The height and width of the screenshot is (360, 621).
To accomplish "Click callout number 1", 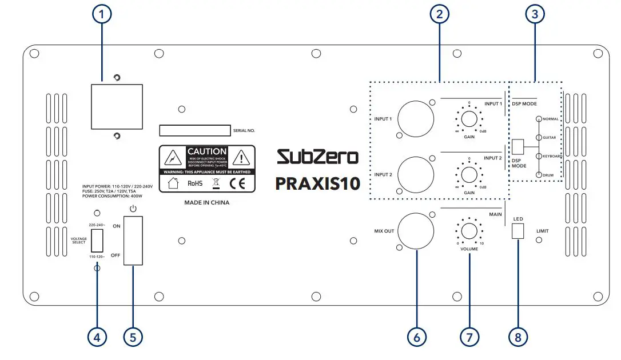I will coord(102,15).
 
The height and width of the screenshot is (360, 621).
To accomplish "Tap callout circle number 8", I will coord(517,337).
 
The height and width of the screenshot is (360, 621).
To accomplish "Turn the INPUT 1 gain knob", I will coord(469,119).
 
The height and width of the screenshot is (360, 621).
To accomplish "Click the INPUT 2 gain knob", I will coord(469,174).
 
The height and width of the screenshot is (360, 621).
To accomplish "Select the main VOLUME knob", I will coord(469,231).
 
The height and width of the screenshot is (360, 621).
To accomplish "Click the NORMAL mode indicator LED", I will coord(539,119).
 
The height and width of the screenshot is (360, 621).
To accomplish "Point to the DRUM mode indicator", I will coord(539,174).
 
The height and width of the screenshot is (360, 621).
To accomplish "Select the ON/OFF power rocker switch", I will coord(133,241).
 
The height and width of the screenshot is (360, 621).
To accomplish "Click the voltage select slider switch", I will coord(97,240).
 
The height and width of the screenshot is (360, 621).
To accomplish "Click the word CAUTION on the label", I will coord(207,152).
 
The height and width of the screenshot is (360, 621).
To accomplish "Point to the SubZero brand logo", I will coord(317,157).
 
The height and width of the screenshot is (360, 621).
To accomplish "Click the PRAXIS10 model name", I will coord(317,183).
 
